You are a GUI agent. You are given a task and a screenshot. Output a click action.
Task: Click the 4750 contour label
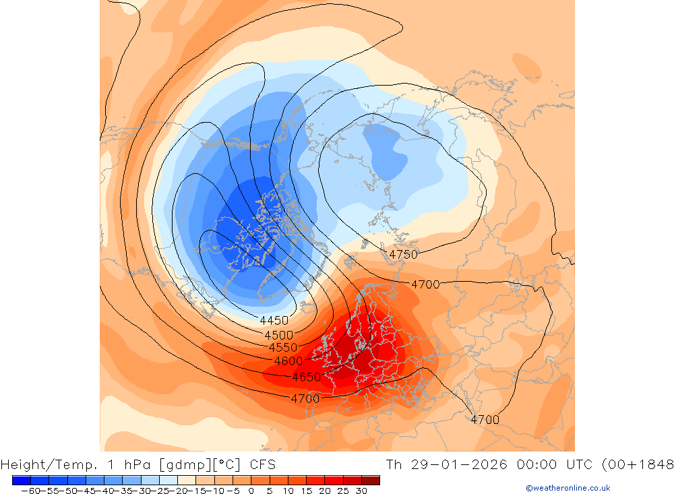pos(403,254)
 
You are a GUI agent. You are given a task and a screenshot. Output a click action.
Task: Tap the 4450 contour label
pos(274,320)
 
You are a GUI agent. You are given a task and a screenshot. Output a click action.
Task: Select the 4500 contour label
pos(278,335)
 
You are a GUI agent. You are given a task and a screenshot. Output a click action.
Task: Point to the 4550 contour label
pos(283,348)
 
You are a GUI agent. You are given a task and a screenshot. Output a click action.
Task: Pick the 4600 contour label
pos(288,361)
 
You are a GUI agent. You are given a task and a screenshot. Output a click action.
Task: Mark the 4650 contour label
pos(306,377)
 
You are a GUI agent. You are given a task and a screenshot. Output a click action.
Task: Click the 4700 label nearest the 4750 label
pos(425,284)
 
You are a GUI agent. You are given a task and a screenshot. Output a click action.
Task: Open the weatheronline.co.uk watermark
pos(568,488)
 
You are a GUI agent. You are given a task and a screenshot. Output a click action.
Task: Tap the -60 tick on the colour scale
pos(30,491)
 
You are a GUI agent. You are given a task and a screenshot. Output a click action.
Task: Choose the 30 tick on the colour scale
pos(361,491)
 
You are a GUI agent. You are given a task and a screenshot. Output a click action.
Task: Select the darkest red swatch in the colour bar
pos(370,480)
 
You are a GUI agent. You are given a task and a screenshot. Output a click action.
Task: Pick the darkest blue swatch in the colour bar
pos(21,480)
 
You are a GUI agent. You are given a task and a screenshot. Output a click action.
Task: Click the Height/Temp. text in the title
pos(46,464)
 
